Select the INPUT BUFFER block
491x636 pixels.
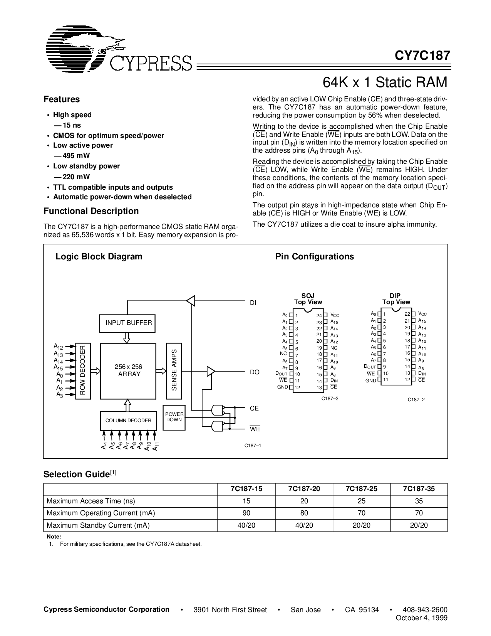pyautogui.click(x=129, y=323)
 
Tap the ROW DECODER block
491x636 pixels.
pyautogui.click(x=82, y=370)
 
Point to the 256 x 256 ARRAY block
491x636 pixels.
pyautogui.click(x=129, y=370)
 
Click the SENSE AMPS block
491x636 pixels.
pyautogui.click(x=174, y=370)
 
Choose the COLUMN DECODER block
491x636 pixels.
pyautogui.click(x=128, y=420)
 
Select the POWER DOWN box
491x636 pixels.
pyautogui.click(x=174, y=417)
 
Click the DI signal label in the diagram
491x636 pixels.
pyautogui.click(x=253, y=303)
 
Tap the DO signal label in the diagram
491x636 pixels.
pyautogui.click(x=255, y=372)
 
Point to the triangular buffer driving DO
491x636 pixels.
pyautogui.click(x=211, y=371)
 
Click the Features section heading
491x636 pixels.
pyautogui.click(x=62, y=99)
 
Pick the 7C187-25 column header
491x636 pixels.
pyautogui.click(x=361, y=489)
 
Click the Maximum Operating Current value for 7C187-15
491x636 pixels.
pyautogui.click(x=246, y=513)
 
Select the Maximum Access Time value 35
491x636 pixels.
pyautogui.click(x=419, y=501)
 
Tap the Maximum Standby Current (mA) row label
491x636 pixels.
pyautogui.click(x=98, y=525)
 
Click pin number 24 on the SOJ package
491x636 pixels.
pyautogui.click(x=319, y=316)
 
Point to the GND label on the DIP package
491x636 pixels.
pyautogui.click(x=370, y=380)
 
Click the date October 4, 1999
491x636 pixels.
pyautogui.click(x=422, y=618)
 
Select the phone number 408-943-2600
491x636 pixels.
pyautogui.click(x=425, y=609)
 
